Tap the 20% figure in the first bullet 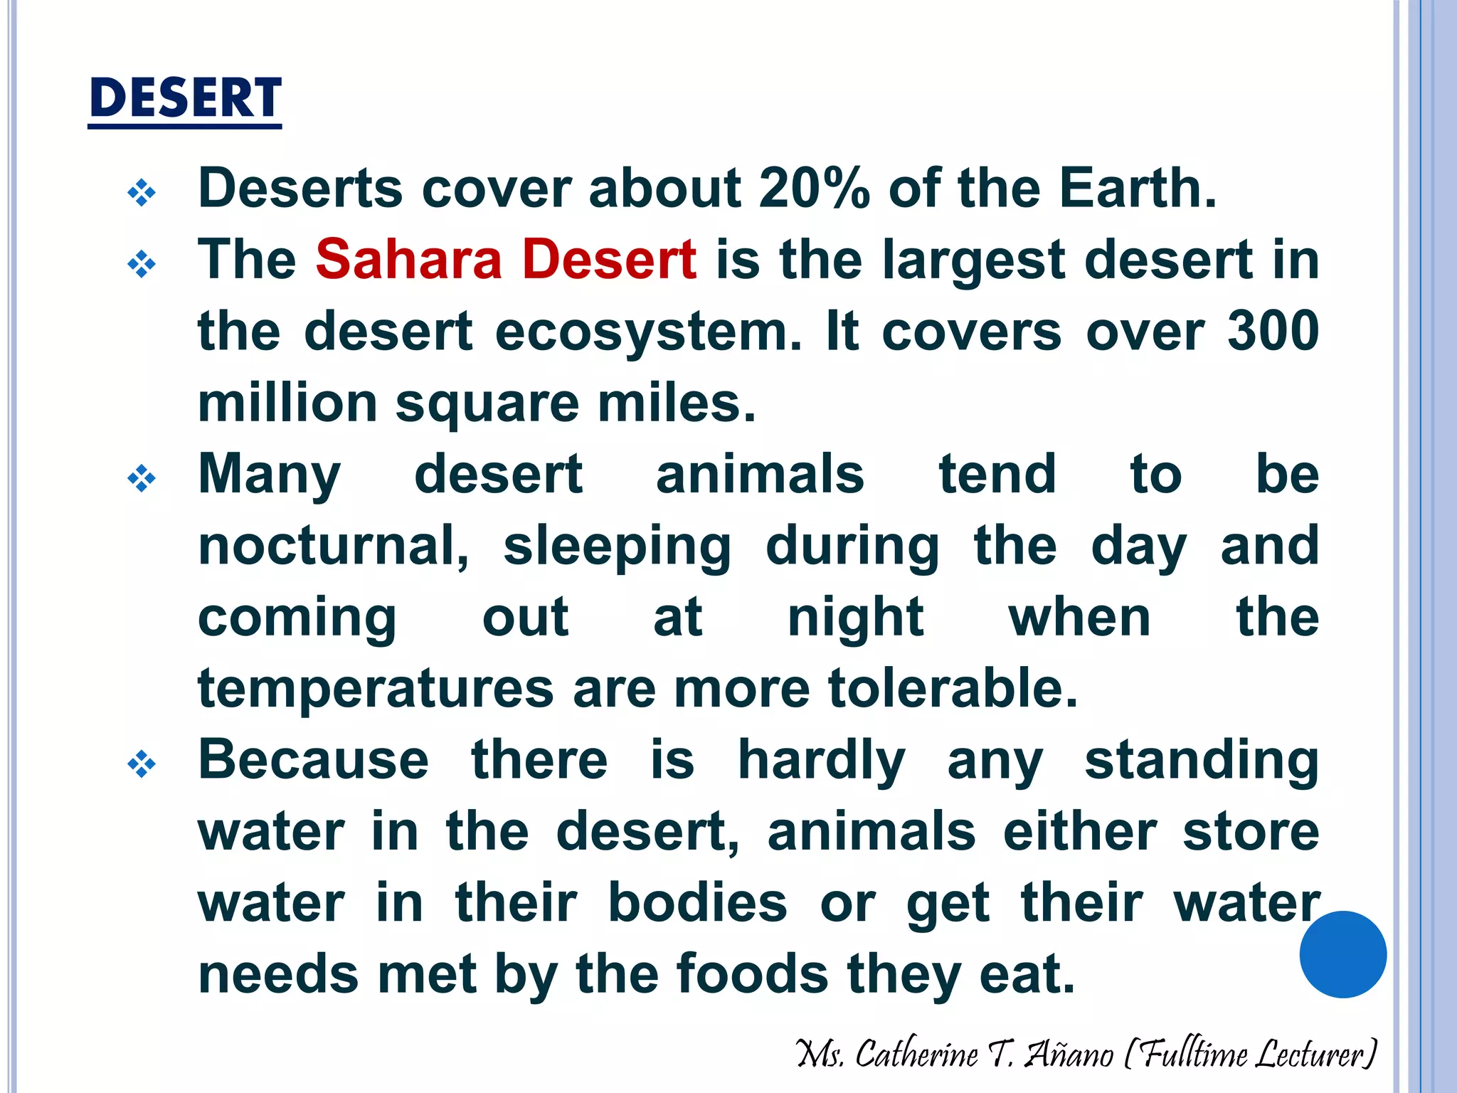pos(814,189)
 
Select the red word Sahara pos(409,259)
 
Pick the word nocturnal pos(333,546)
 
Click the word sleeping pos(617,547)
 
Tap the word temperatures pos(376,690)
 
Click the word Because pos(313,760)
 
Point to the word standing pos(1202,761)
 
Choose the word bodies pos(697,903)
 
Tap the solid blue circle pos(1342,954)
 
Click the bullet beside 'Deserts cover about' pos(141,192)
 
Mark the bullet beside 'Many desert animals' pos(141,478)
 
